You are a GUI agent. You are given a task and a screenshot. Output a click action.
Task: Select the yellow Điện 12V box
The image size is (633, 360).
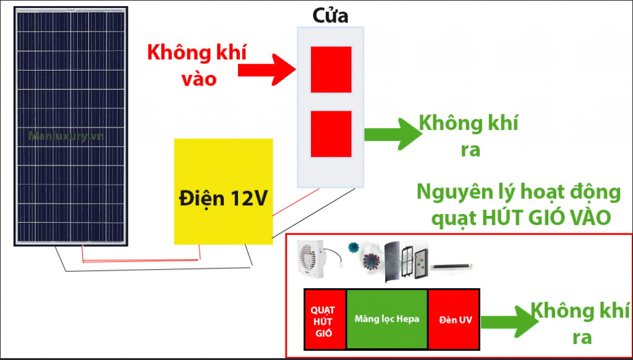point(223,191)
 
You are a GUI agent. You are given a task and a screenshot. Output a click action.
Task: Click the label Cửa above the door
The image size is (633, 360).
point(330,15)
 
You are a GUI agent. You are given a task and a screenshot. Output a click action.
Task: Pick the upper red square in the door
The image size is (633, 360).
point(331,69)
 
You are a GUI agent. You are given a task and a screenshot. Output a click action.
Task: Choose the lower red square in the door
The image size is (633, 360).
point(331,134)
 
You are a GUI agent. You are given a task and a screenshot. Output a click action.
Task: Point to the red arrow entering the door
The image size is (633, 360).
point(273,69)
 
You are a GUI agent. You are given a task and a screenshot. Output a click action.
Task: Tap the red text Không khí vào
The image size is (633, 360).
point(196,65)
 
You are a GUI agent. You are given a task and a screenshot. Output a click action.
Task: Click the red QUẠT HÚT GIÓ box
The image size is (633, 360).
point(325,320)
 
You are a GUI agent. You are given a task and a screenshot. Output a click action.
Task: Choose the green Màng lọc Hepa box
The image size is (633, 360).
point(387,320)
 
